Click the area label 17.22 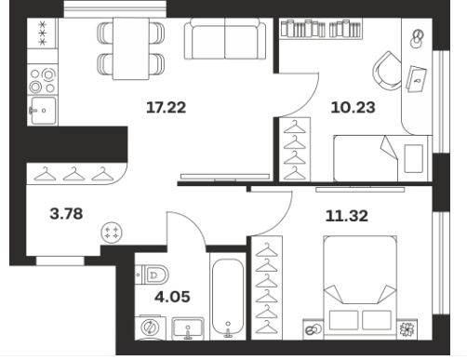coord(166,108)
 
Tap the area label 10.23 coord(353,108)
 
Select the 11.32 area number coord(347,216)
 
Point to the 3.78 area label coord(66,214)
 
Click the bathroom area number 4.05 coord(172,297)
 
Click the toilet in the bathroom coord(152,274)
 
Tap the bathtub coord(228,298)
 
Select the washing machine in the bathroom coord(150,327)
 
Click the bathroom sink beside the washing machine coord(188,328)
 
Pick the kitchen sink coord(43,111)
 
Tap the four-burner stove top coord(43,80)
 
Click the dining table coord(130,48)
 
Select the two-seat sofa coord(225,39)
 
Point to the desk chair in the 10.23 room coord(387,71)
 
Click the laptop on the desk coord(416,79)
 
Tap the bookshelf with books coord(321,29)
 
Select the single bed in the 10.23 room coord(382,158)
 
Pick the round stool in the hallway coord(112,233)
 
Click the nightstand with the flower coord(407,329)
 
